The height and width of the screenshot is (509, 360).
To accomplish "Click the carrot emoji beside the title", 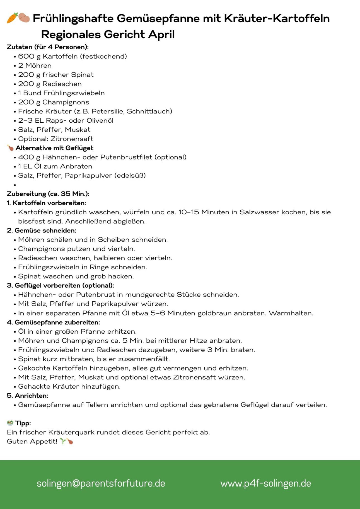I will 12,18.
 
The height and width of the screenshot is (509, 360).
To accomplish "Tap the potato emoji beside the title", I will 25,18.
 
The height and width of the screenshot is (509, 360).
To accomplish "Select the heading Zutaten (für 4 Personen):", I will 48,47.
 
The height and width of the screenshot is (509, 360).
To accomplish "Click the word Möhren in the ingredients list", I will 38,66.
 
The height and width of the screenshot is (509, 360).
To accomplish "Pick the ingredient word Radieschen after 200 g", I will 62,84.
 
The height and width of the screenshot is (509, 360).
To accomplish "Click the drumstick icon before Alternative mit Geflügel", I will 10,148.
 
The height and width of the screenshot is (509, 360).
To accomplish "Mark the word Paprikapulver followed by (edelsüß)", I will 91,176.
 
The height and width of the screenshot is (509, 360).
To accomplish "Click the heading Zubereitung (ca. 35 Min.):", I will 48,194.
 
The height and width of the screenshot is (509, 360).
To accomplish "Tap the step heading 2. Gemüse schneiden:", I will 42,231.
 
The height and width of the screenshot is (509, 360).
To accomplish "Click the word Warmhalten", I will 291,313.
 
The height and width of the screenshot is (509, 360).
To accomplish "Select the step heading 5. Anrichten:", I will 28,396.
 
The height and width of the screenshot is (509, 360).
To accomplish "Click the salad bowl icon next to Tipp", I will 10,423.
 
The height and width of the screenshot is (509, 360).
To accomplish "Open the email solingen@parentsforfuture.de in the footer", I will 101,483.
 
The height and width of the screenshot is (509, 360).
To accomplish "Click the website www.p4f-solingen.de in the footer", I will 266,483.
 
